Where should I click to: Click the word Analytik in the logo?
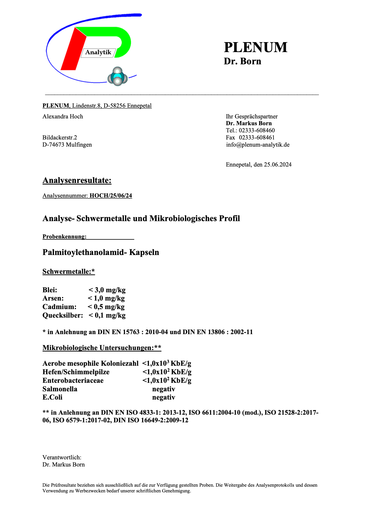point(98,52)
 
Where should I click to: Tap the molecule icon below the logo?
point(117,77)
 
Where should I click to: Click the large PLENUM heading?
point(255,47)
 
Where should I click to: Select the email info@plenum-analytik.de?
point(258,145)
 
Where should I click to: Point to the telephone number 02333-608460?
point(257,130)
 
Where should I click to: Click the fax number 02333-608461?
point(257,137)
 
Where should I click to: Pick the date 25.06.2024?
point(278,164)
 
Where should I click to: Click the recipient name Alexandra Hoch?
point(63,116)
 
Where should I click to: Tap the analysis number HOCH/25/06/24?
point(111,196)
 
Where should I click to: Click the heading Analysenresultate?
point(77,180)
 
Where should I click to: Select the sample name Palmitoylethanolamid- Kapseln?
point(101,252)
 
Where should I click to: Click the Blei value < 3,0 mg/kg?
point(107,290)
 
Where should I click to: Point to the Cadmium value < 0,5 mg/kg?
point(106,307)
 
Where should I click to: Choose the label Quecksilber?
point(63,315)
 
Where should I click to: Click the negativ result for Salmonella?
point(164,389)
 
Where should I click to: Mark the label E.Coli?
point(52,397)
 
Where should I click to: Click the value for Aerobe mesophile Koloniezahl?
point(167,363)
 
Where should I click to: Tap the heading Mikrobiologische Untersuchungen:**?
point(102,348)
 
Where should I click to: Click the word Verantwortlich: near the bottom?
point(62,457)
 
